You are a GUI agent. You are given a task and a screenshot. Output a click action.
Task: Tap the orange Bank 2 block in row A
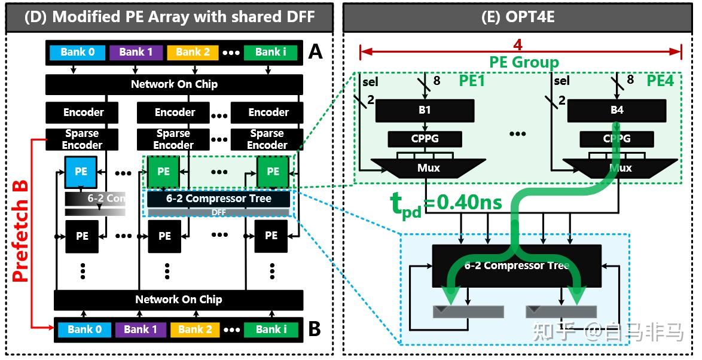(x=193, y=52)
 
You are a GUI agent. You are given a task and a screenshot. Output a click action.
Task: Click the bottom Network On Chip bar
(x=178, y=300)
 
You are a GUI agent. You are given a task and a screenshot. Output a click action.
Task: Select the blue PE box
(x=81, y=172)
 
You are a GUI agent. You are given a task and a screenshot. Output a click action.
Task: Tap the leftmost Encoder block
(x=83, y=112)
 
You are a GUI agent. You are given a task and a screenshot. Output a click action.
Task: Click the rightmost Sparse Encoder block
(x=267, y=140)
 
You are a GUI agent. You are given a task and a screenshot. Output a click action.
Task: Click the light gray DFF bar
(x=218, y=212)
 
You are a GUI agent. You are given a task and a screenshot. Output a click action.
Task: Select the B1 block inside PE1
(x=425, y=111)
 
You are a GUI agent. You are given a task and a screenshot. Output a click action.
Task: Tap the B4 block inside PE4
(x=616, y=111)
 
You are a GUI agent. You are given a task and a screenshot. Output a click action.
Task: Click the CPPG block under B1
(x=425, y=139)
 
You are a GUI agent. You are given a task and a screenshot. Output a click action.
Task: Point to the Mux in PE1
(x=428, y=168)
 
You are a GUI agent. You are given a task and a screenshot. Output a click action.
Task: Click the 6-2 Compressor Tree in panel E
(x=516, y=266)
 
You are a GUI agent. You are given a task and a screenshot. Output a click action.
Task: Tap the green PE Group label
(x=524, y=62)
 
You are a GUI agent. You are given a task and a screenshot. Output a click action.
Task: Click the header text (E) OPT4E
(x=518, y=17)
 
